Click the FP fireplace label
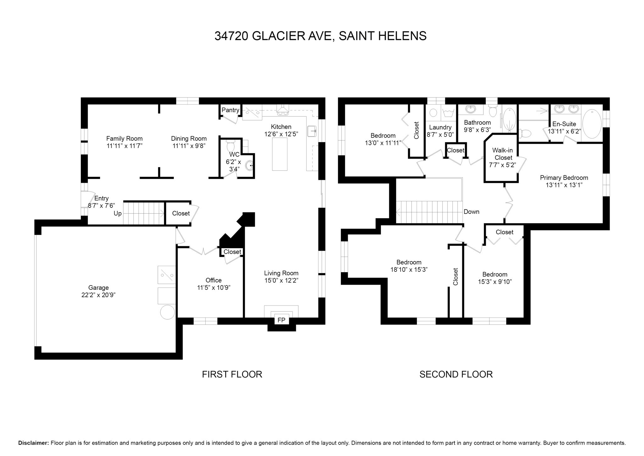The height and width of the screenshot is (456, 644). click(281, 320)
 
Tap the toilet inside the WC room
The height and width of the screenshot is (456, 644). click(231, 146)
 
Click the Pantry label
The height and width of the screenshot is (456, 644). click(230, 110)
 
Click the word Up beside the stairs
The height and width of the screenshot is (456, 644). click(118, 214)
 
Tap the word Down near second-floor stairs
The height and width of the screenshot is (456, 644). click(471, 212)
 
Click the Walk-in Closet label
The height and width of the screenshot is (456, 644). click(502, 154)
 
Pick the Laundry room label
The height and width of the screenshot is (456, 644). click(440, 127)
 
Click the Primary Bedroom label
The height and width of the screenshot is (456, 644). click(564, 178)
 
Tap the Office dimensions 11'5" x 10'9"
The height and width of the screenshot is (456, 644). click(214, 288)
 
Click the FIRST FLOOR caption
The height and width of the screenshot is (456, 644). click(232, 374)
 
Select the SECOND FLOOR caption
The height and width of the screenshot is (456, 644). click(456, 374)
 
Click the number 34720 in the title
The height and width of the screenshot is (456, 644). click(232, 36)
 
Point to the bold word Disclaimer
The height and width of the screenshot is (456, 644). click(33, 443)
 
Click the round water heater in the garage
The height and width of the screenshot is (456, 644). click(168, 312)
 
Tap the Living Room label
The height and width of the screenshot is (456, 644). click(281, 273)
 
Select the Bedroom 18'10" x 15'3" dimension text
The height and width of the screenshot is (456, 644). click(409, 270)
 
